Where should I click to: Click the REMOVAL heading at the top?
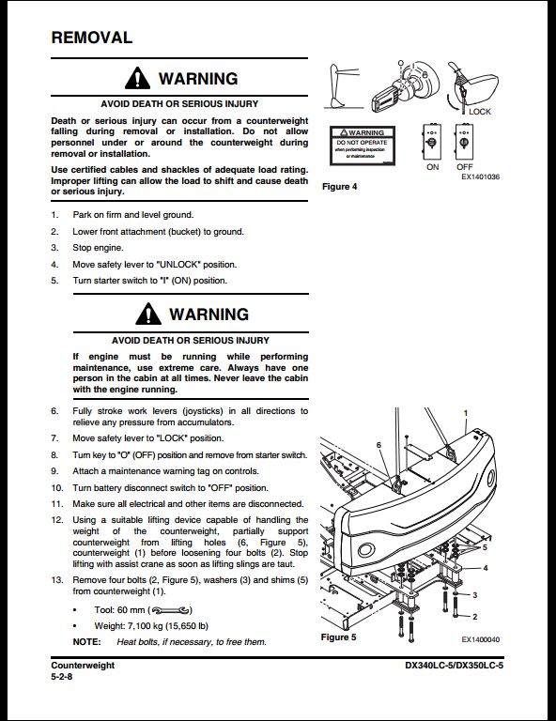pos(91,38)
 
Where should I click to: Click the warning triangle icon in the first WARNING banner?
pos(139,79)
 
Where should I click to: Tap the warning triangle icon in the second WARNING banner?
pos(139,314)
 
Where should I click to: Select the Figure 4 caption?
pos(340,187)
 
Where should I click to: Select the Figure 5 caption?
pos(339,637)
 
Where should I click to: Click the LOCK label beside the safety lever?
pos(480,112)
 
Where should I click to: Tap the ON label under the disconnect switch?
pos(432,167)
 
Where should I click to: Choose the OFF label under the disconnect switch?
pos(464,167)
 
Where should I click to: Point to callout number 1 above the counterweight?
pos(464,413)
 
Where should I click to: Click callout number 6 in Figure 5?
pos(378,445)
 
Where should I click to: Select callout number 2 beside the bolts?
pos(475,616)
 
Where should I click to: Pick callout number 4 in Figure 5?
pos(486,568)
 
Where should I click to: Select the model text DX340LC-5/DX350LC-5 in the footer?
pos(448,665)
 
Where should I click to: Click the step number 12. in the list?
pos(57,520)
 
